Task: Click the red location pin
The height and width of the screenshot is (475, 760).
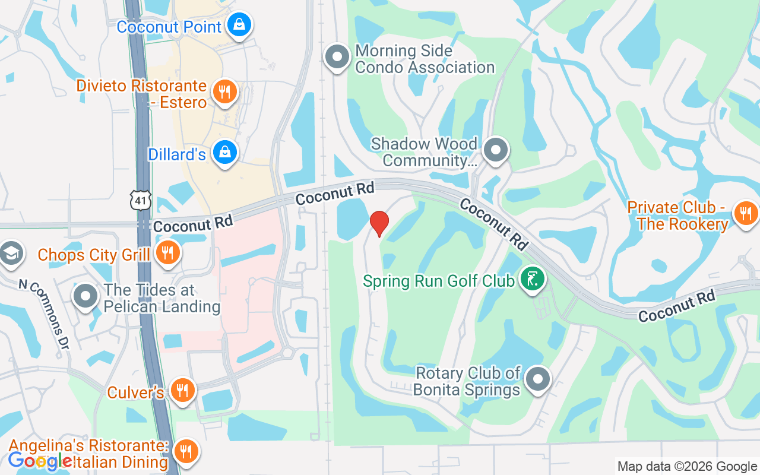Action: pos(379,223)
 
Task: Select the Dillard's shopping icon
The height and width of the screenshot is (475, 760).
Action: pos(225,152)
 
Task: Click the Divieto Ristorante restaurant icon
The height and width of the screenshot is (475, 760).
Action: pos(224,92)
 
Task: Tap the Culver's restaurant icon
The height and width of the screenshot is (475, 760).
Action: pos(182,390)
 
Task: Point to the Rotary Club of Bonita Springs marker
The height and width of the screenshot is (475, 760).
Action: pos(538,378)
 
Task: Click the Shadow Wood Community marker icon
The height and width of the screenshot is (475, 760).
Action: pos(495,150)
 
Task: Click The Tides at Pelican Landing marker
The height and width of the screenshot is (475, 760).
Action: pos(85,295)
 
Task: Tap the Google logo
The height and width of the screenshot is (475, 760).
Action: pos(40,460)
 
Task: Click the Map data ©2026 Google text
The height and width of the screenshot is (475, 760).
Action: pos(687,467)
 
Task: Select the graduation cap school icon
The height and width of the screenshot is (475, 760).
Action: pos(10,253)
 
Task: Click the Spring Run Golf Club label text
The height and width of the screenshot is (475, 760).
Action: pos(439,280)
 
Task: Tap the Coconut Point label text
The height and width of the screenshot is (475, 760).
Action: pos(169,27)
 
